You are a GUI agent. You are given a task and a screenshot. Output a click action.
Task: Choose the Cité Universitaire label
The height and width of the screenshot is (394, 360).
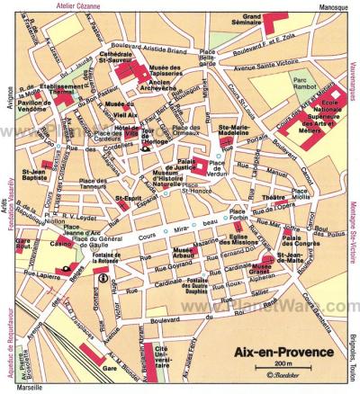(x=161, y=357)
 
